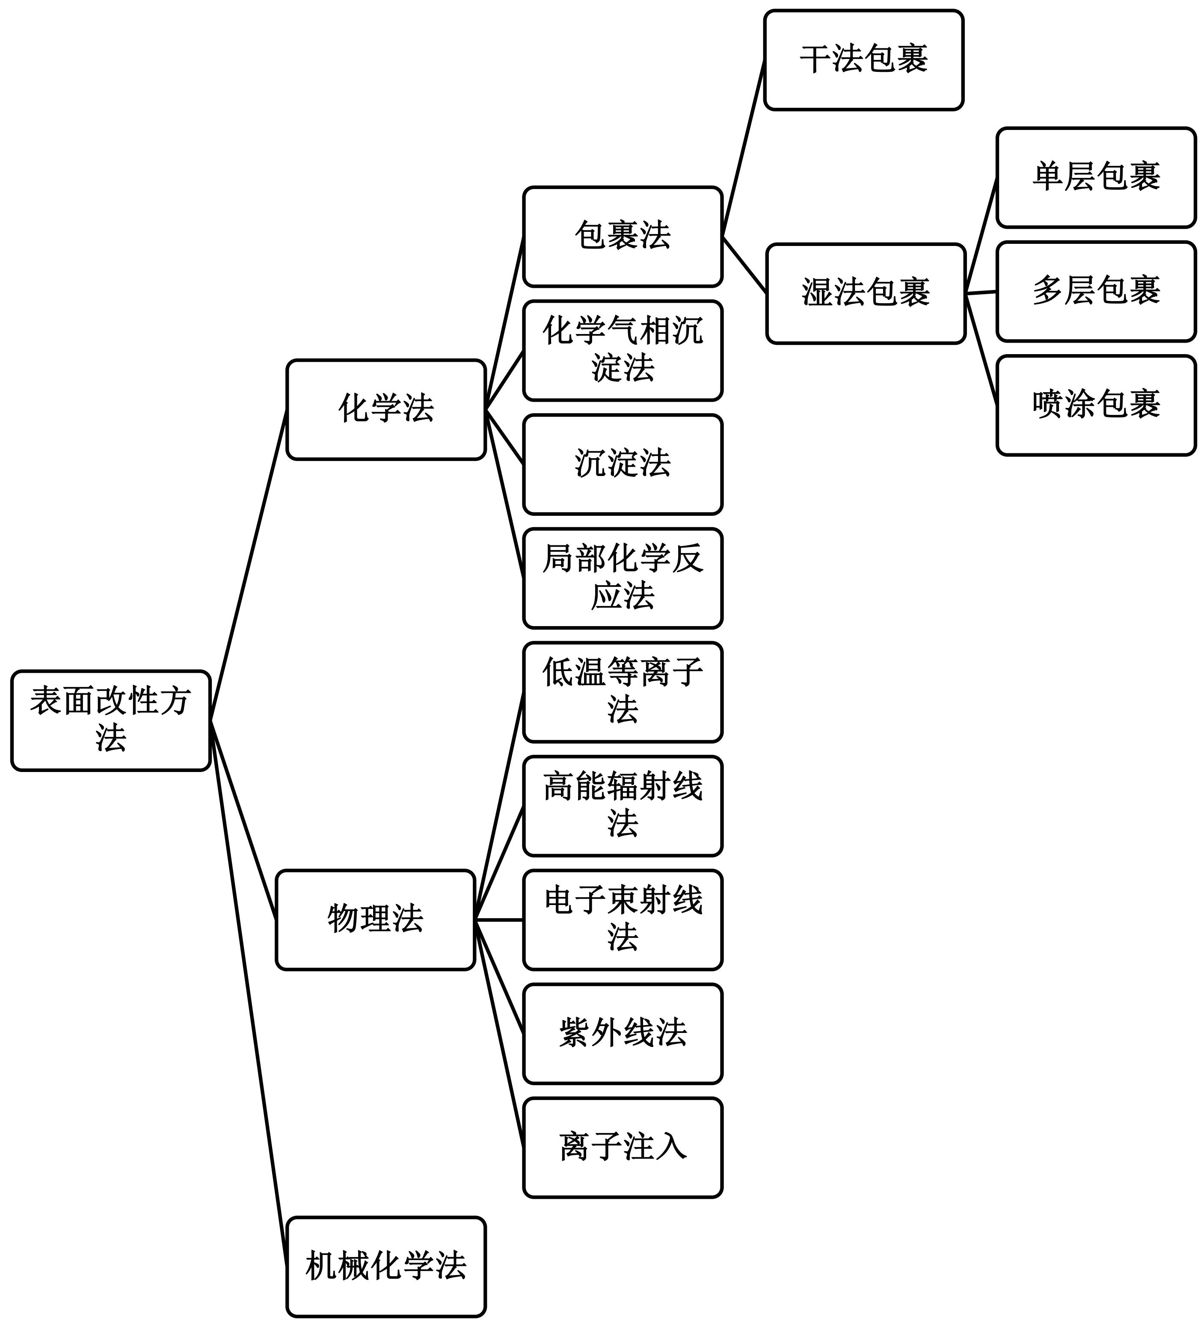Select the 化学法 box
tap(386, 409)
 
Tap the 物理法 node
tap(375, 920)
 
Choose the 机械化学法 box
tap(386, 1266)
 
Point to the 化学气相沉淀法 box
tap(622, 350)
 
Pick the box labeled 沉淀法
tap(622, 464)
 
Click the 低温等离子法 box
tap(622, 692)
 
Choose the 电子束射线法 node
tap(622, 920)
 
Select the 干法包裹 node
tap(863, 59)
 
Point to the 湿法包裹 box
tap(865, 293)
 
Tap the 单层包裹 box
tap(1095, 177)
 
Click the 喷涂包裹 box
tap(1095, 405)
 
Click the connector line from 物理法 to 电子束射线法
tap(499, 920)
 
